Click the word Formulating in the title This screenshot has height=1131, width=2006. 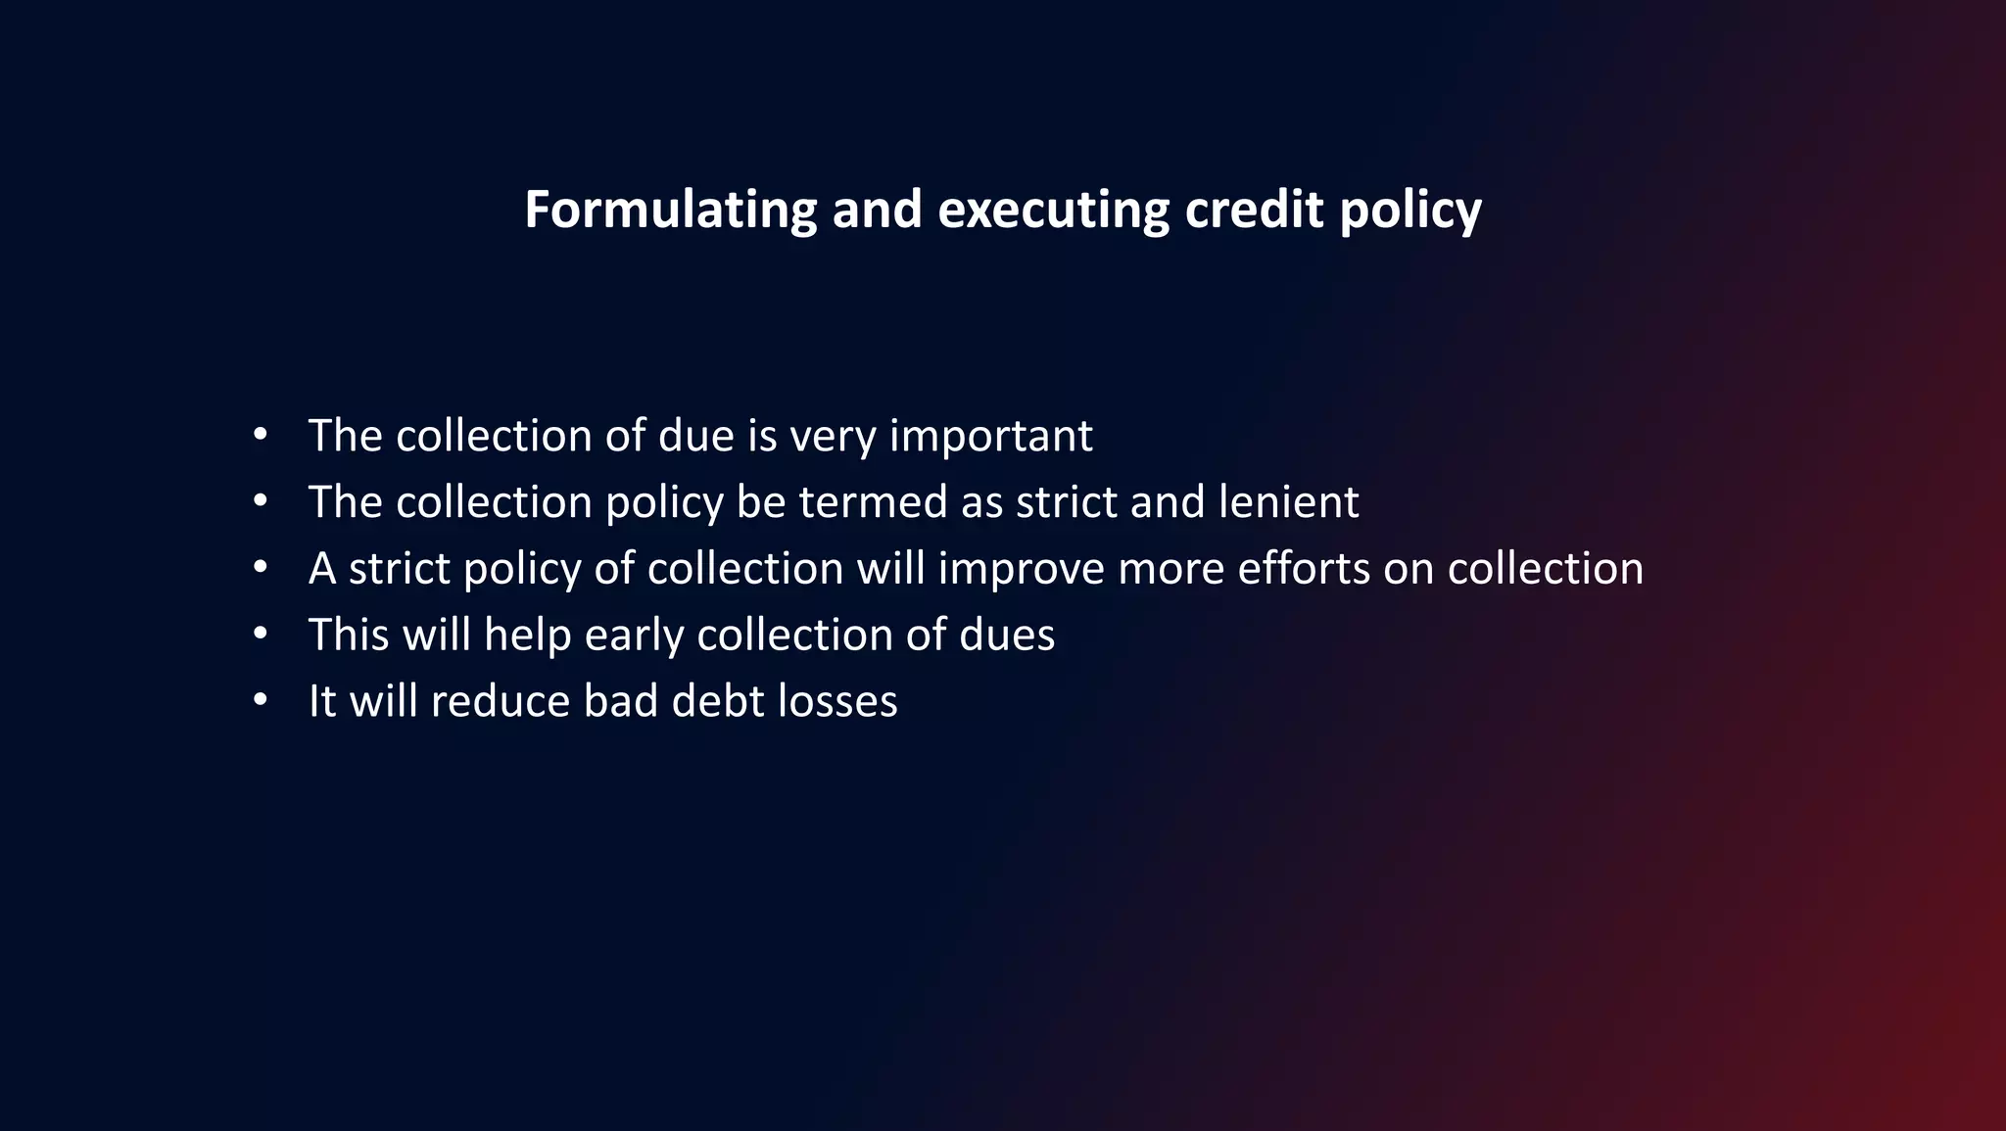coord(670,210)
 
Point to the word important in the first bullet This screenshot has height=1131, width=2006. coord(990,436)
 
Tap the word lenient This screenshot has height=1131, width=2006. coord(1288,501)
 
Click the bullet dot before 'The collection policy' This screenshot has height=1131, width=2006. coord(260,500)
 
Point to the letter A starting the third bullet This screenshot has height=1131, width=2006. coord(322,568)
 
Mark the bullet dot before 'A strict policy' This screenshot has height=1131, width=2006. coord(260,567)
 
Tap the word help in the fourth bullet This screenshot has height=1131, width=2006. coord(527,635)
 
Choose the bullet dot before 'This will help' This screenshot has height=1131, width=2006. coord(260,634)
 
